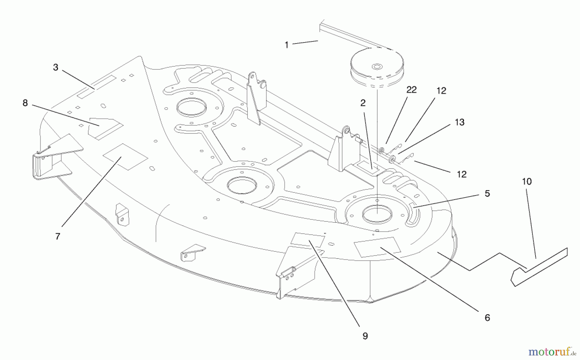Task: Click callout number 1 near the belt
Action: tap(286, 45)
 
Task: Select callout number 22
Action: tap(411, 90)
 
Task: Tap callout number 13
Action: tap(459, 122)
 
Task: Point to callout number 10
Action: tap(527, 181)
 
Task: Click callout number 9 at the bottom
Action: tap(365, 336)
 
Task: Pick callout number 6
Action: tap(487, 318)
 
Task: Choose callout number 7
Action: tap(58, 237)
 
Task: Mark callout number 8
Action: tap(25, 103)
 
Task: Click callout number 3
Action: tap(56, 67)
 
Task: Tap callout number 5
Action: tap(487, 194)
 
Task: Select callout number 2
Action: tap(363, 103)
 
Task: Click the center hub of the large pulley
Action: tap(376, 67)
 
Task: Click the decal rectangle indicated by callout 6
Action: tap(377, 247)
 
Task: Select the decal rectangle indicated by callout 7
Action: tap(125, 157)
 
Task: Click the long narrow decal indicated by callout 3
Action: tap(96, 87)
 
